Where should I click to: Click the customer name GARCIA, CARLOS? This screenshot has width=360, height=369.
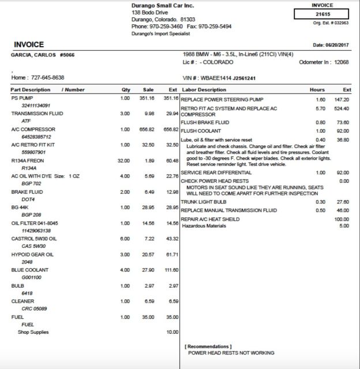pos(35,55)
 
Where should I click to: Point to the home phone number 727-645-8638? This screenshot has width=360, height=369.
pos(48,77)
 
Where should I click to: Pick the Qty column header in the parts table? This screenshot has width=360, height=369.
pos(126,90)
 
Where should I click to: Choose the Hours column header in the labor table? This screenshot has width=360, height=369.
pos(317,90)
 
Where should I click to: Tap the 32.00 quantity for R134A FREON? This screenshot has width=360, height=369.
pos(123,160)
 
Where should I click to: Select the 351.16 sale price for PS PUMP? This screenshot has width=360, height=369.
pos(148,98)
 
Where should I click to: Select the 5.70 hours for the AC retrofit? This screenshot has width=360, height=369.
pos(321,108)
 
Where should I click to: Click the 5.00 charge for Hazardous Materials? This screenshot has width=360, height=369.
pos(344,225)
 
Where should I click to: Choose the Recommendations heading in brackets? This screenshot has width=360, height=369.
pos(208,346)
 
